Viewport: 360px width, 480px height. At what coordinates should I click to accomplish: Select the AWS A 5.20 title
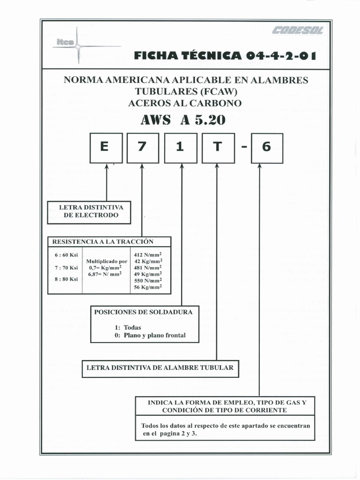183,120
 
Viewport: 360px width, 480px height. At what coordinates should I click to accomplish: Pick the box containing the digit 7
143,148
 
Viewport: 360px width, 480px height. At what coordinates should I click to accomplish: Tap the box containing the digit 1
180,148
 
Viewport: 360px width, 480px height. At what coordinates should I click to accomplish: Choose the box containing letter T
217,148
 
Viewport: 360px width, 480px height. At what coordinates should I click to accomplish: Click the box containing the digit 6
267,148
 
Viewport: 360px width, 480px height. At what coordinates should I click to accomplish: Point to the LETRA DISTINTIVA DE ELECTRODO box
89,211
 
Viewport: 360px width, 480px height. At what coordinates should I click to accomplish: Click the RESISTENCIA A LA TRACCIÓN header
103,242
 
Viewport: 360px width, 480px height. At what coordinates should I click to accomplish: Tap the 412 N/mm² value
148,255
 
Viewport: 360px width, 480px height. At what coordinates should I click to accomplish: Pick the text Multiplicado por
107,261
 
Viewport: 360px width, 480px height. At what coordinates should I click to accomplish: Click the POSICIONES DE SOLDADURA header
143,312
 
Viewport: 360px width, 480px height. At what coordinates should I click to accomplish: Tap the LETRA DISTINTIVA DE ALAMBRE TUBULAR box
160,368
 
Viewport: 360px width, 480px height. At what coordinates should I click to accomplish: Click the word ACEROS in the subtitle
145,103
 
